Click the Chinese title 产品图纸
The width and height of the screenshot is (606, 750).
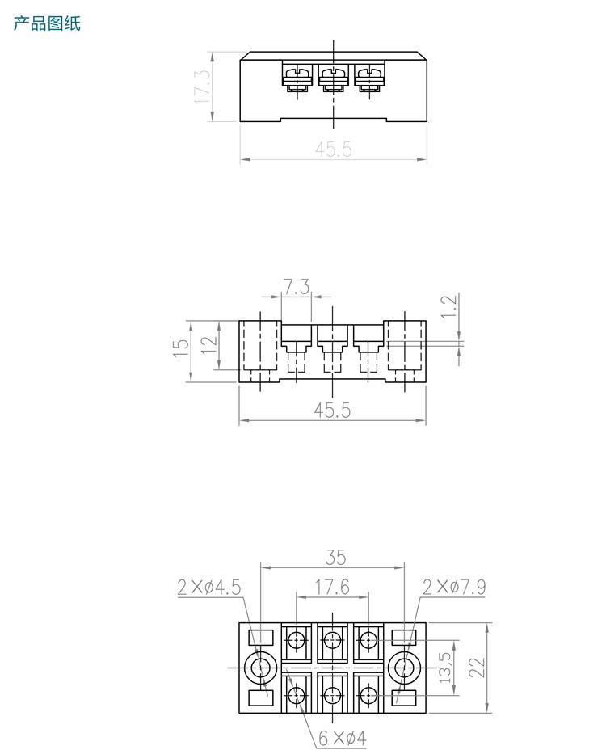[47, 23]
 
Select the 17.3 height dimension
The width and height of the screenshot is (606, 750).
[202, 86]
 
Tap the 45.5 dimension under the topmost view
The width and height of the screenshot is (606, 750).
[333, 150]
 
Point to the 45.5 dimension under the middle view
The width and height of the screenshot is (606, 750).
[332, 411]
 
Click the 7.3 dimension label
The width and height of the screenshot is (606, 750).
[296, 287]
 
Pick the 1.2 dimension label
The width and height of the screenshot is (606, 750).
[450, 307]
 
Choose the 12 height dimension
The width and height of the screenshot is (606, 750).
[208, 343]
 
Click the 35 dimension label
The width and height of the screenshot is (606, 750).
[335, 557]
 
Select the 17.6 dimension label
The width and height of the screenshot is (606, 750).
[332, 588]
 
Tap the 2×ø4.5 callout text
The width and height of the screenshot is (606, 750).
[209, 588]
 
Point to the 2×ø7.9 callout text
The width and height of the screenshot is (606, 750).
[454, 588]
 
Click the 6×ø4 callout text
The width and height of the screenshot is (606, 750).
[342, 738]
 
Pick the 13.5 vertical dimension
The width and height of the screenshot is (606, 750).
[445, 668]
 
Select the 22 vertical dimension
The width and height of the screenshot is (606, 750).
[477, 668]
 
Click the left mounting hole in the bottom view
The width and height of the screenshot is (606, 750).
[261, 668]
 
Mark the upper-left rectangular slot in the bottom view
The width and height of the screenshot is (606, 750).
[260, 638]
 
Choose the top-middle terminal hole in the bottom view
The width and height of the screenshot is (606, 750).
[332, 640]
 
